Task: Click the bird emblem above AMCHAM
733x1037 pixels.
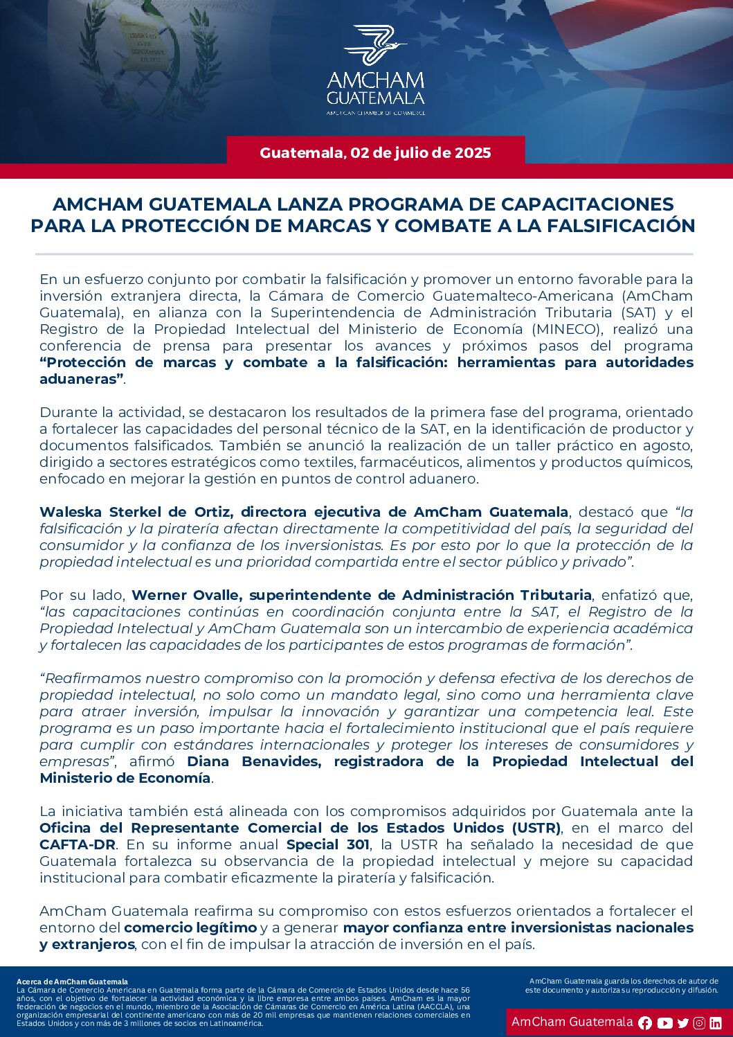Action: coord(374,44)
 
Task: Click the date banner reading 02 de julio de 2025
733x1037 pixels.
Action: coord(375,153)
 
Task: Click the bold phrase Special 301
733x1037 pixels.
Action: coord(322,844)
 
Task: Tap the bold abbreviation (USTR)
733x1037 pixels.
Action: coord(536,828)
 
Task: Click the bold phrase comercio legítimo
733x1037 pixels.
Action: coord(190,928)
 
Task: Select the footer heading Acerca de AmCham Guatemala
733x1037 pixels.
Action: coord(72,982)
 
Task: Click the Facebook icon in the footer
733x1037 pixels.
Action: coord(645,1023)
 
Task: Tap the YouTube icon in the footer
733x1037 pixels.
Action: coord(665,1023)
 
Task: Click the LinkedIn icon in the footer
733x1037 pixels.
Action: coord(716,1023)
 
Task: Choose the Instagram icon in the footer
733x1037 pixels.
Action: coord(699,1023)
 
